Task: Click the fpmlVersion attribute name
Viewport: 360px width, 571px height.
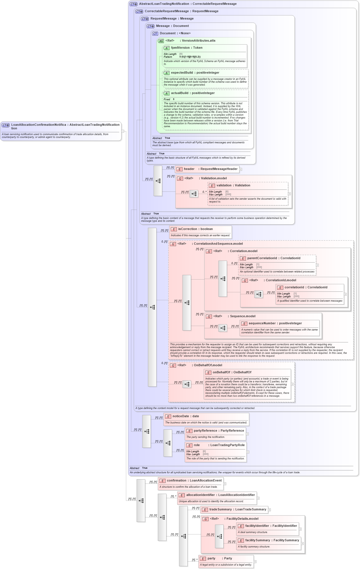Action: (180, 48)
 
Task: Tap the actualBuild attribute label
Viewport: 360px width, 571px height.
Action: (179, 93)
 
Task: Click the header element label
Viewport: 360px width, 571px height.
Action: (189, 169)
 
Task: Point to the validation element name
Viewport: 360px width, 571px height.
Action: (224, 186)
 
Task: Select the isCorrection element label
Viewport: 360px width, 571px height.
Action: (187, 229)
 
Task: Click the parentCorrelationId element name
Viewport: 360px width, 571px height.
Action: (262, 258)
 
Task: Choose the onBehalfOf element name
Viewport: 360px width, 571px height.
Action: (221, 372)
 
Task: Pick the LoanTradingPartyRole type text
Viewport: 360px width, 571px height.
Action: (227, 445)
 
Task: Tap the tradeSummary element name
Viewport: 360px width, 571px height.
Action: (220, 510)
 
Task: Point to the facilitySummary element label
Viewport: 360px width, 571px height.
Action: (258, 540)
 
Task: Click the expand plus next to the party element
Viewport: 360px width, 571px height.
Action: (255, 562)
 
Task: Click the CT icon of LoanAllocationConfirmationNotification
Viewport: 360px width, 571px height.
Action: (6, 125)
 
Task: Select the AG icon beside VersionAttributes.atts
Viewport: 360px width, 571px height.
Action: (161, 41)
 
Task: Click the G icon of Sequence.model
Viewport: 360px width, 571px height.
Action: (209, 317)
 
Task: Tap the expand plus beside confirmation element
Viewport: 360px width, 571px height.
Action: (225, 484)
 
